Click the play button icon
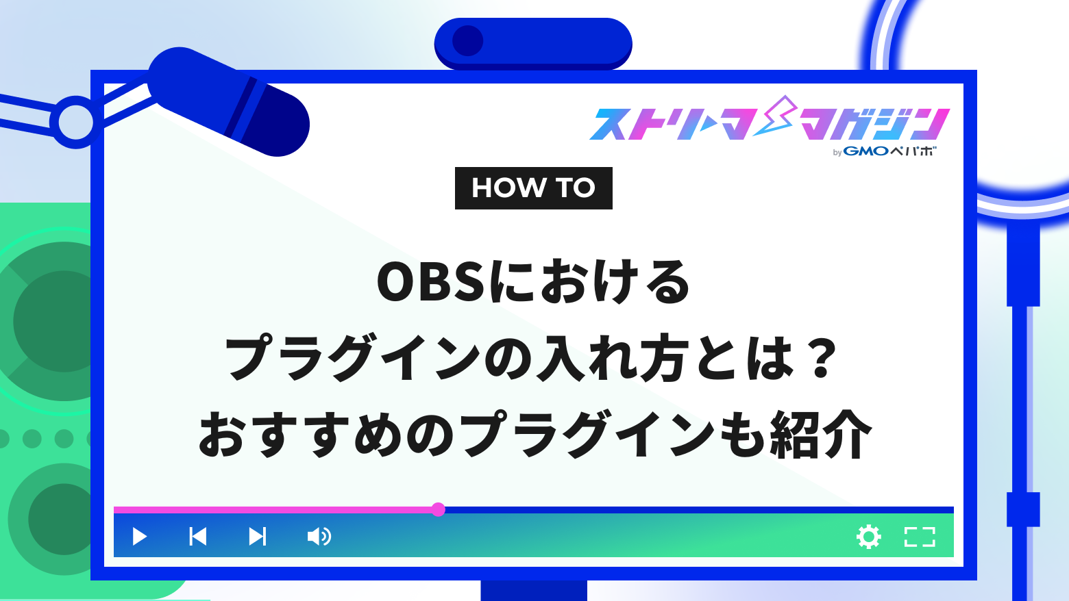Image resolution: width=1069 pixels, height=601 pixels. click(x=140, y=536)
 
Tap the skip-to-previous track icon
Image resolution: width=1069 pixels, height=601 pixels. click(x=198, y=536)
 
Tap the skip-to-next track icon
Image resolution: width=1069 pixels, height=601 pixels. click(x=257, y=536)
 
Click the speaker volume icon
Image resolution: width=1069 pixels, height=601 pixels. click(x=319, y=536)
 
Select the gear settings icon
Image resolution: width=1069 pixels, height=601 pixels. click(x=869, y=537)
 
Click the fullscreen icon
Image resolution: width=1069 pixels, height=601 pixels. click(x=920, y=537)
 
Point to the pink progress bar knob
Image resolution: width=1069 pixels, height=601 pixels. click(x=439, y=509)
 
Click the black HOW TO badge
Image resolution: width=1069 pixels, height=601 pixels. click(x=533, y=188)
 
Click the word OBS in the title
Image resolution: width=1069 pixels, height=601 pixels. click(x=430, y=283)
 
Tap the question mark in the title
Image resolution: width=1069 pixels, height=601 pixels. click(x=820, y=358)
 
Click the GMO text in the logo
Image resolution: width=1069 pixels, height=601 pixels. click(x=865, y=151)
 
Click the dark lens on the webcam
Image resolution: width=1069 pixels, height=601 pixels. click(x=468, y=41)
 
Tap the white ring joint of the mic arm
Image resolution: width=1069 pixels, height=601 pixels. click(x=75, y=123)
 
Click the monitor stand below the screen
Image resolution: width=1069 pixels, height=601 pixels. click(x=534, y=590)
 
